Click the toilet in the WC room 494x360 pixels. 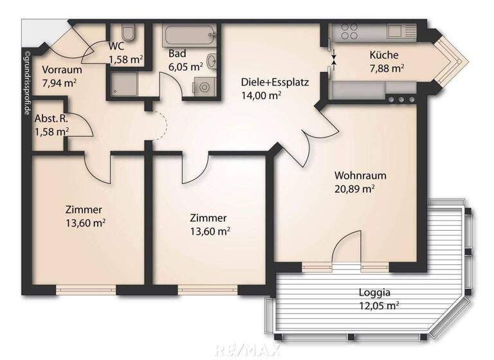pos(127,33)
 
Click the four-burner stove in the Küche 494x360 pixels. pos(349,32)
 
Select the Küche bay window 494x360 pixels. pos(452,61)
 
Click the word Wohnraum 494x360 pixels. pos(354,175)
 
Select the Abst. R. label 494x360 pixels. pos(51,119)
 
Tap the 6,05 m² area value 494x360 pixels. pos(186,66)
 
